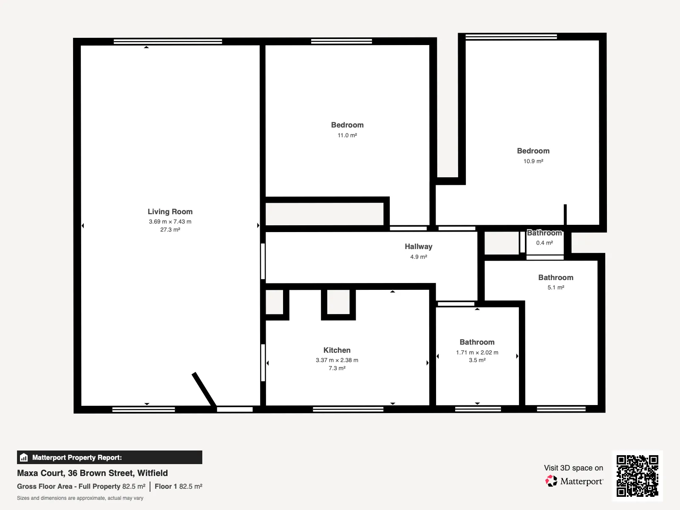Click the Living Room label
click(170, 212)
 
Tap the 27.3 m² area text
click(170, 229)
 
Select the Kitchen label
click(337, 350)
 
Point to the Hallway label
click(419, 246)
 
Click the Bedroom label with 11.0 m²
click(347, 125)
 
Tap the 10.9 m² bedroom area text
click(533, 161)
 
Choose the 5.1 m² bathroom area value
click(556, 287)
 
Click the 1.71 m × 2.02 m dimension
click(477, 352)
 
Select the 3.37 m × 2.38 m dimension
click(337, 360)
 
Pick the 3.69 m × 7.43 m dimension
click(170, 221)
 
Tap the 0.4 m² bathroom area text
click(544, 243)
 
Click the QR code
click(637, 476)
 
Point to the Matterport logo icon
click(551, 481)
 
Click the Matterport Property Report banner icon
click(24, 457)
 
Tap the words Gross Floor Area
click(45, 487)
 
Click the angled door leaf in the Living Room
click(204, 389)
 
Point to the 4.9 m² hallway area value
click(419, 257)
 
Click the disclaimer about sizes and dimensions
click(80, 498)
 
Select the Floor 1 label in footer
click(166, 487)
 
